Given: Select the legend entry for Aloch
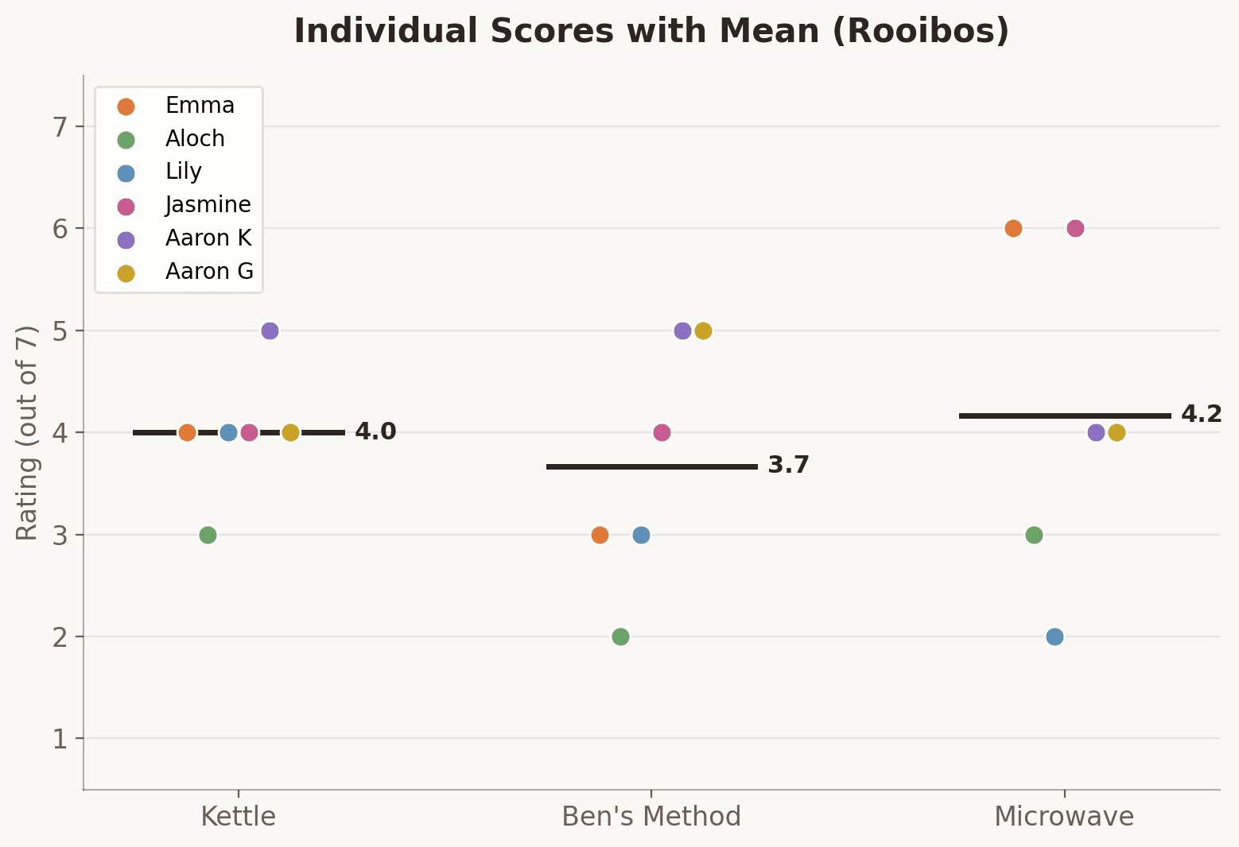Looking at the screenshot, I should point(195,139).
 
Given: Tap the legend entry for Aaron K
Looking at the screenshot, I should point(208,238).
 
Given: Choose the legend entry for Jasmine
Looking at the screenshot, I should point(208,205).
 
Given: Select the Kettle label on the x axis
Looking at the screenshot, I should point(238,817).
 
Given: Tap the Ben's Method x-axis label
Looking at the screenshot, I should point(651,817).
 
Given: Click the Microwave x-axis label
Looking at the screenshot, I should point(1064,817).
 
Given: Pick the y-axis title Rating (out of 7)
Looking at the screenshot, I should point(28,433).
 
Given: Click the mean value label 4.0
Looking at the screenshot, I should point(375,432).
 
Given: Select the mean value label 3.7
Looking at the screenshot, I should point(788,466).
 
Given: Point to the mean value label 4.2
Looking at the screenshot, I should point(1201,415).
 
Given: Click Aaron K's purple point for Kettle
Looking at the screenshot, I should point(270,331).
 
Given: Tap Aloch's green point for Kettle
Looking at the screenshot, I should point(208,535).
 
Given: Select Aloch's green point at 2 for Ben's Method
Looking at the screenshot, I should point(620,636).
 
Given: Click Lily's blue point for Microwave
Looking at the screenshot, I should point(1055,636).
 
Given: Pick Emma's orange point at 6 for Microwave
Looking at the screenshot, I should point(1013,229).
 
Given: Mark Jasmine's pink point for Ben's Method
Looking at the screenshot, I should point(662,432).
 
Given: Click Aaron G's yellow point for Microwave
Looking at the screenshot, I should point(1117,432).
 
